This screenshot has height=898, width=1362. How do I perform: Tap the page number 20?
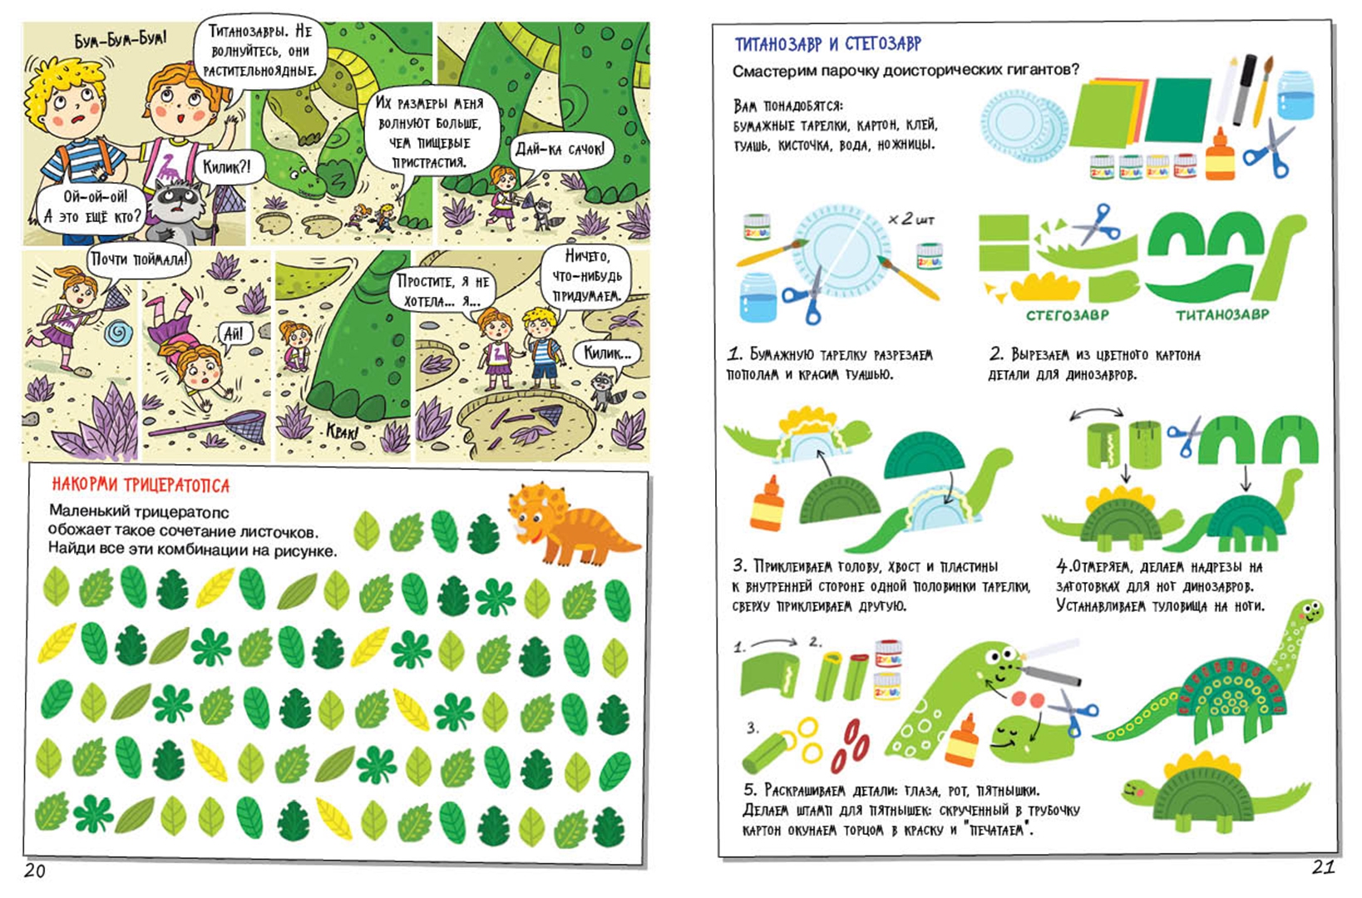(35, 871)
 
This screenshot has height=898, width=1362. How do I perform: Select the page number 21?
(1323, 867)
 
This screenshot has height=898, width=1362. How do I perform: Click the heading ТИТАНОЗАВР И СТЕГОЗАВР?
(828, 44)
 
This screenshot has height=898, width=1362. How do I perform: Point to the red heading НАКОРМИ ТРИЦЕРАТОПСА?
(141, 486)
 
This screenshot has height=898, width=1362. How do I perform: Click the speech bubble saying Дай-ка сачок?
(560, 150)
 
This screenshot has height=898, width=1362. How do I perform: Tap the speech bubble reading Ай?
(234, 333)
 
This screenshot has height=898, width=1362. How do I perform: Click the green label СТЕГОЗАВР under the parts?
(1067, 315)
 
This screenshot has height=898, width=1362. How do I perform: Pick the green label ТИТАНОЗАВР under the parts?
(1222, 315)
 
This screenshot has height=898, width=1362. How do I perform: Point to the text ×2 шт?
(910, 219)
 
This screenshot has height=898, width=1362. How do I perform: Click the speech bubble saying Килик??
(226, 167)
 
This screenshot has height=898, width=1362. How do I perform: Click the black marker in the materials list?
(1246, 90)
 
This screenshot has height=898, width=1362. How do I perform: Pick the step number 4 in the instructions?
(1062, 566)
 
